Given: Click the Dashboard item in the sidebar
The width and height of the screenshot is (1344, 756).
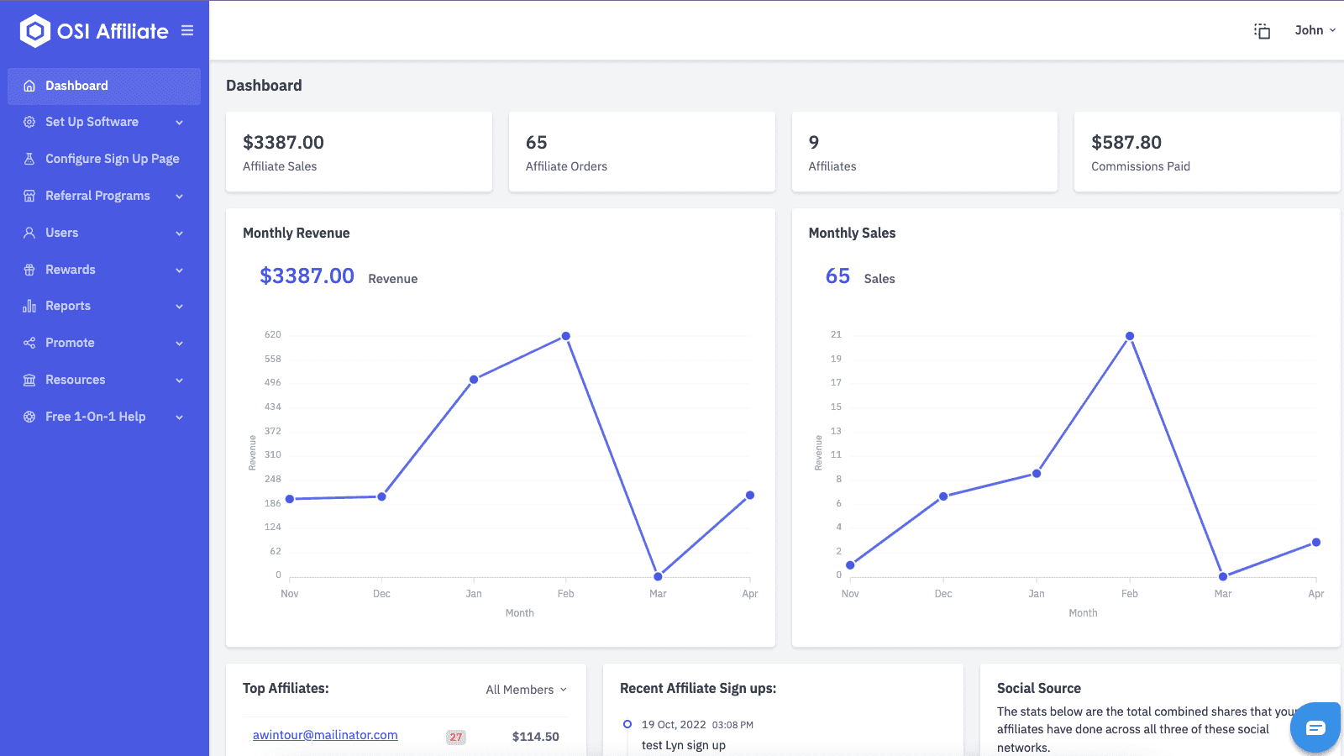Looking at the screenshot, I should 76,86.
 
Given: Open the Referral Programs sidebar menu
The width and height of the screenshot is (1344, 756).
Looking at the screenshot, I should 97,196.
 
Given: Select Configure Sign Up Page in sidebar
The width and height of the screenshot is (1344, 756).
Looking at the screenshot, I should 112,159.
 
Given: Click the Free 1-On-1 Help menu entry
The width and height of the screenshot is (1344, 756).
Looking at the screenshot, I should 95,417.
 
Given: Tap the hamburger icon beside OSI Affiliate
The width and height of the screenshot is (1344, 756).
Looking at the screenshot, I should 187,31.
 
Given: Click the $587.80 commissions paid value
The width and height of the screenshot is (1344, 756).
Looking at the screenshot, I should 1126,143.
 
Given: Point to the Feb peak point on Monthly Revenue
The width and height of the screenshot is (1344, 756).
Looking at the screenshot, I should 566,336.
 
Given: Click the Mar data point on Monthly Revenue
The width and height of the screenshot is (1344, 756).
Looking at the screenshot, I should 658,576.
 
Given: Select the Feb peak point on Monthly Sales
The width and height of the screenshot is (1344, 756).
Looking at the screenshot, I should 1130,336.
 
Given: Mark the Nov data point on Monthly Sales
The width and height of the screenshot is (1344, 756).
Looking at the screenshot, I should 850,565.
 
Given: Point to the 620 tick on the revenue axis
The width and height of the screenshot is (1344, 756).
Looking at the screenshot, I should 273,335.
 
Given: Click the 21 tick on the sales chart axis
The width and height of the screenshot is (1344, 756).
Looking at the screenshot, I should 836,335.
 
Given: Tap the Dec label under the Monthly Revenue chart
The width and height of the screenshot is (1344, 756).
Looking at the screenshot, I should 381,594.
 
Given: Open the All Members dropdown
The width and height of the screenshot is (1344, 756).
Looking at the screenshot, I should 526,690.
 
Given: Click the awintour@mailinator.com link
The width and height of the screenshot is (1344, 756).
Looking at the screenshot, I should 325,735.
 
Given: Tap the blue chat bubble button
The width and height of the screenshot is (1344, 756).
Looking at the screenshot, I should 1315,727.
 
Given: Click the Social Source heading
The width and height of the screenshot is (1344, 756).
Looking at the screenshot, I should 1038,688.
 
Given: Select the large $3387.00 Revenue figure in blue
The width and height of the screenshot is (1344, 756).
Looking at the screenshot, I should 307,276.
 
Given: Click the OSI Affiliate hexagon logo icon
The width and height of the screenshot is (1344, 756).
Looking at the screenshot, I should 34,31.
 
